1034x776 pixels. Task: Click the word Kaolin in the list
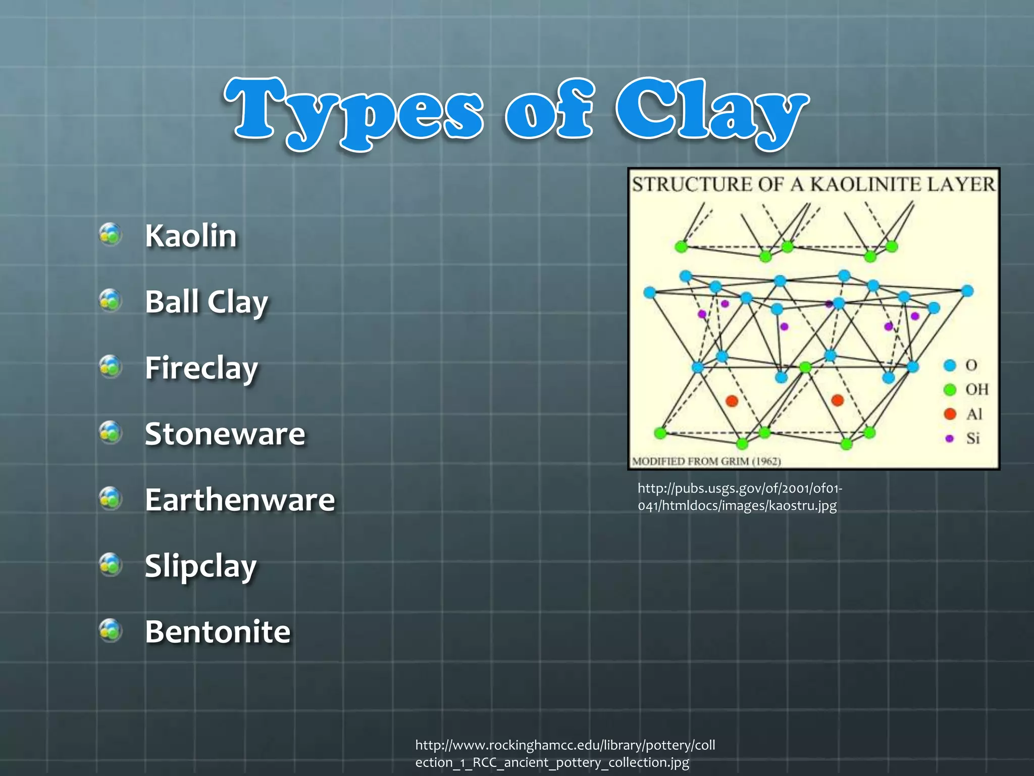tap(190, 235)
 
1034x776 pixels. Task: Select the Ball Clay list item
tap(206, 302)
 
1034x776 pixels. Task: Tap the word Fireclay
tap(201, 368)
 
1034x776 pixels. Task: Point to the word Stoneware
tap(225, 434)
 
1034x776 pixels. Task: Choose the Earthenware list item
tap(239, 500)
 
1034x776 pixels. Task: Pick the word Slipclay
tap(200, 566)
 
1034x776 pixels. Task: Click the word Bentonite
tap(217, 632)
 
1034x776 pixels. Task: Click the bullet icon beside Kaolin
tap(111, 234)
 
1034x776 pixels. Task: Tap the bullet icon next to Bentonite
tap(111, 630)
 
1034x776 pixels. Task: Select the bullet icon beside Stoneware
tap(111, 432)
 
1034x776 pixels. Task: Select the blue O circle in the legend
tap(950, 365)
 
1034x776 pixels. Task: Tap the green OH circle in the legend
tap(950, 389)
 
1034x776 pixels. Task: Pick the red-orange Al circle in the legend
tap(950, 414)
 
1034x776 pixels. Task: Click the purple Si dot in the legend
tap(949, 438)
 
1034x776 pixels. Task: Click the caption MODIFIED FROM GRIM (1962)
tap(706, 461)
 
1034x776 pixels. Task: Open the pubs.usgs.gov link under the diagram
tap(739, 497)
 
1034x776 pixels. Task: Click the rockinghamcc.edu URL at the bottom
tap(564, 753)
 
